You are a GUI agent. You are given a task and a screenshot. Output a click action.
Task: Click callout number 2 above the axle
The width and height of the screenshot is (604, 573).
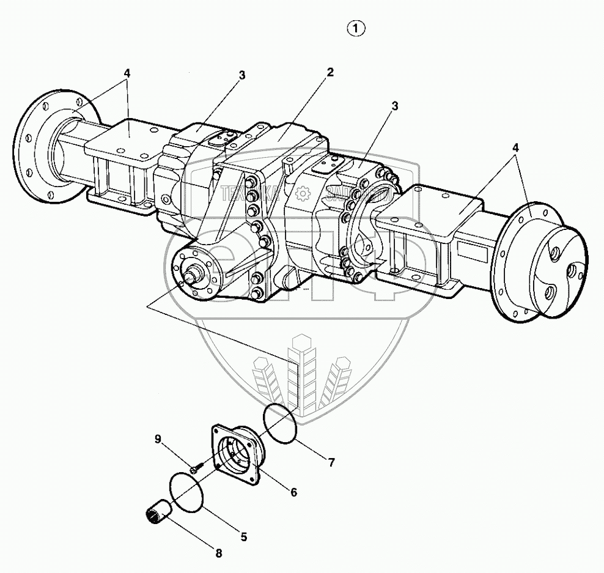[330, 72]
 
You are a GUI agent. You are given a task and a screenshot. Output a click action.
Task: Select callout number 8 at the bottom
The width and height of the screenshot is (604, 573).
[218, 553]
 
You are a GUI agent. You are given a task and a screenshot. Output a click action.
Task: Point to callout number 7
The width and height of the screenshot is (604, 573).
[331, 463]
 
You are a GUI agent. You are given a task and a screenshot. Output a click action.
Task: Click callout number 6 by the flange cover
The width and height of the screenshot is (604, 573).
[293, 492]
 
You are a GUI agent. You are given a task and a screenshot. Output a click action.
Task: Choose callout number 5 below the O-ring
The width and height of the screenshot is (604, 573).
[243, 538]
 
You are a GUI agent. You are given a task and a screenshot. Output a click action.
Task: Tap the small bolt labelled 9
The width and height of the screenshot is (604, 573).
[193, 470]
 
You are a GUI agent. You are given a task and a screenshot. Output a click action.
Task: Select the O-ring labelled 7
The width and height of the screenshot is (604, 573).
[281, 423]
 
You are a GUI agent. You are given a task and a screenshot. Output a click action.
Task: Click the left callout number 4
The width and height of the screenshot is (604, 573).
[127, 73]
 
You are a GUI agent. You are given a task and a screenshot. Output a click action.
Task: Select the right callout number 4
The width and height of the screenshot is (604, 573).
[516, 147]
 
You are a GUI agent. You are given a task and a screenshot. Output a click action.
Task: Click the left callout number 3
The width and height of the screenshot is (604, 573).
[242, 75]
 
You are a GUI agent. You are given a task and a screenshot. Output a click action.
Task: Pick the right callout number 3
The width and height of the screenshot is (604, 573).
[395, 106]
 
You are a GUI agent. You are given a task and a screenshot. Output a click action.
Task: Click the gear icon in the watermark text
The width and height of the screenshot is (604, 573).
[300, 194]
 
